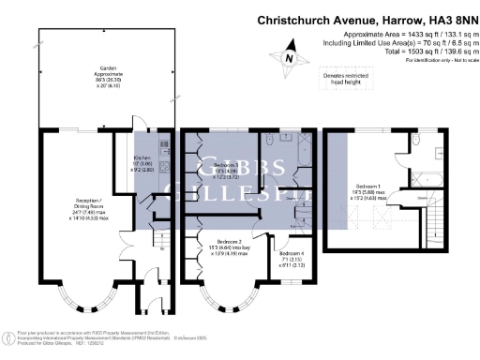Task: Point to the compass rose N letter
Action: pyautogui.click(x=289, y=58)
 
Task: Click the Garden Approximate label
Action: pyautogui.click(x=111, y=76)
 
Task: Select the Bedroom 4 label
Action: pyautogui.click(x=291, y=257)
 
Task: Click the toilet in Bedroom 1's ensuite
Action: pyautogui.click(x=415, y=143)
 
